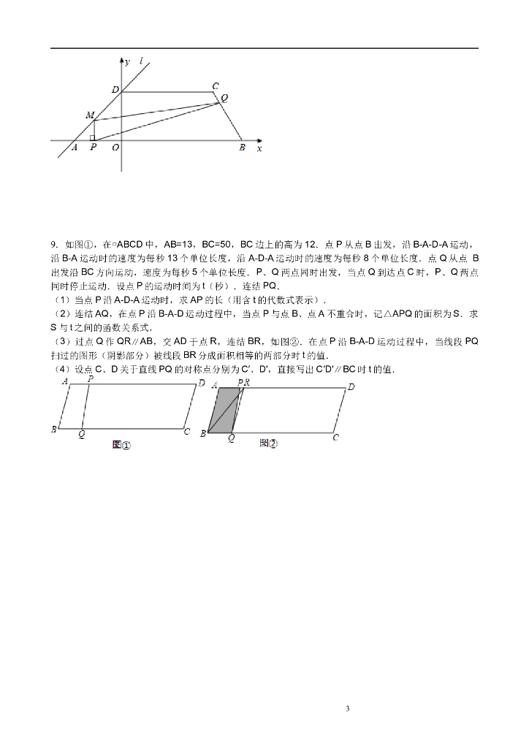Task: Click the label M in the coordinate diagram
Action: point(89,115)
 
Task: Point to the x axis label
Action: point(259,148)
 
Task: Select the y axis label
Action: point(127,62)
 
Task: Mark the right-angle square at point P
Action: point(92,137)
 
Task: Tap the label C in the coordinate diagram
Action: point(215,86)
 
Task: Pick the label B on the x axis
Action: point(242,148)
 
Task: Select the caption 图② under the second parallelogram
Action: point(268,443)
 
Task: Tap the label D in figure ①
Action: point(202,383)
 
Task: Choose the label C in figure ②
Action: point(335,438)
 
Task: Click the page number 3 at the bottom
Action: point(348,709)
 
